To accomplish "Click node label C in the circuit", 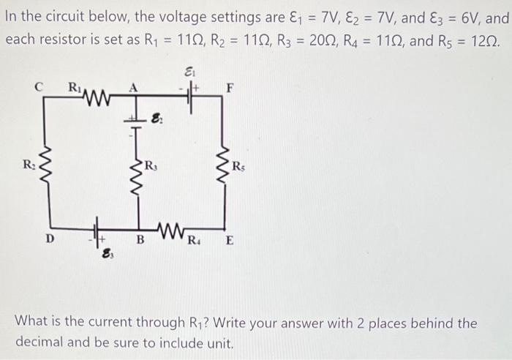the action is click(x=39, y=87).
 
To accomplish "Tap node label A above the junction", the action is click(x=133, y=88).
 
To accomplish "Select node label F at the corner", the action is click(x=230, y=88).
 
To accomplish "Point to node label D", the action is click(x=50, y=239).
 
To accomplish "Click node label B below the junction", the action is click(x=140, y=240).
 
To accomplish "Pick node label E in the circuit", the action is click(x=230, y=241).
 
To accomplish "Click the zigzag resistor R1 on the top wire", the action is click(x=97, y=96).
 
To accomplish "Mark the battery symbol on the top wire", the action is click(x=189, y=95).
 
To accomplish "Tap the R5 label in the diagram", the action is click(x=238, y=167).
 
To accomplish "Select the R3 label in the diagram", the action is click(x=151, y=165).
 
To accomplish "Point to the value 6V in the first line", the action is click(x=470, y=18).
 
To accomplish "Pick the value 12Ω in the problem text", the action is click(x=484, y=40).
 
